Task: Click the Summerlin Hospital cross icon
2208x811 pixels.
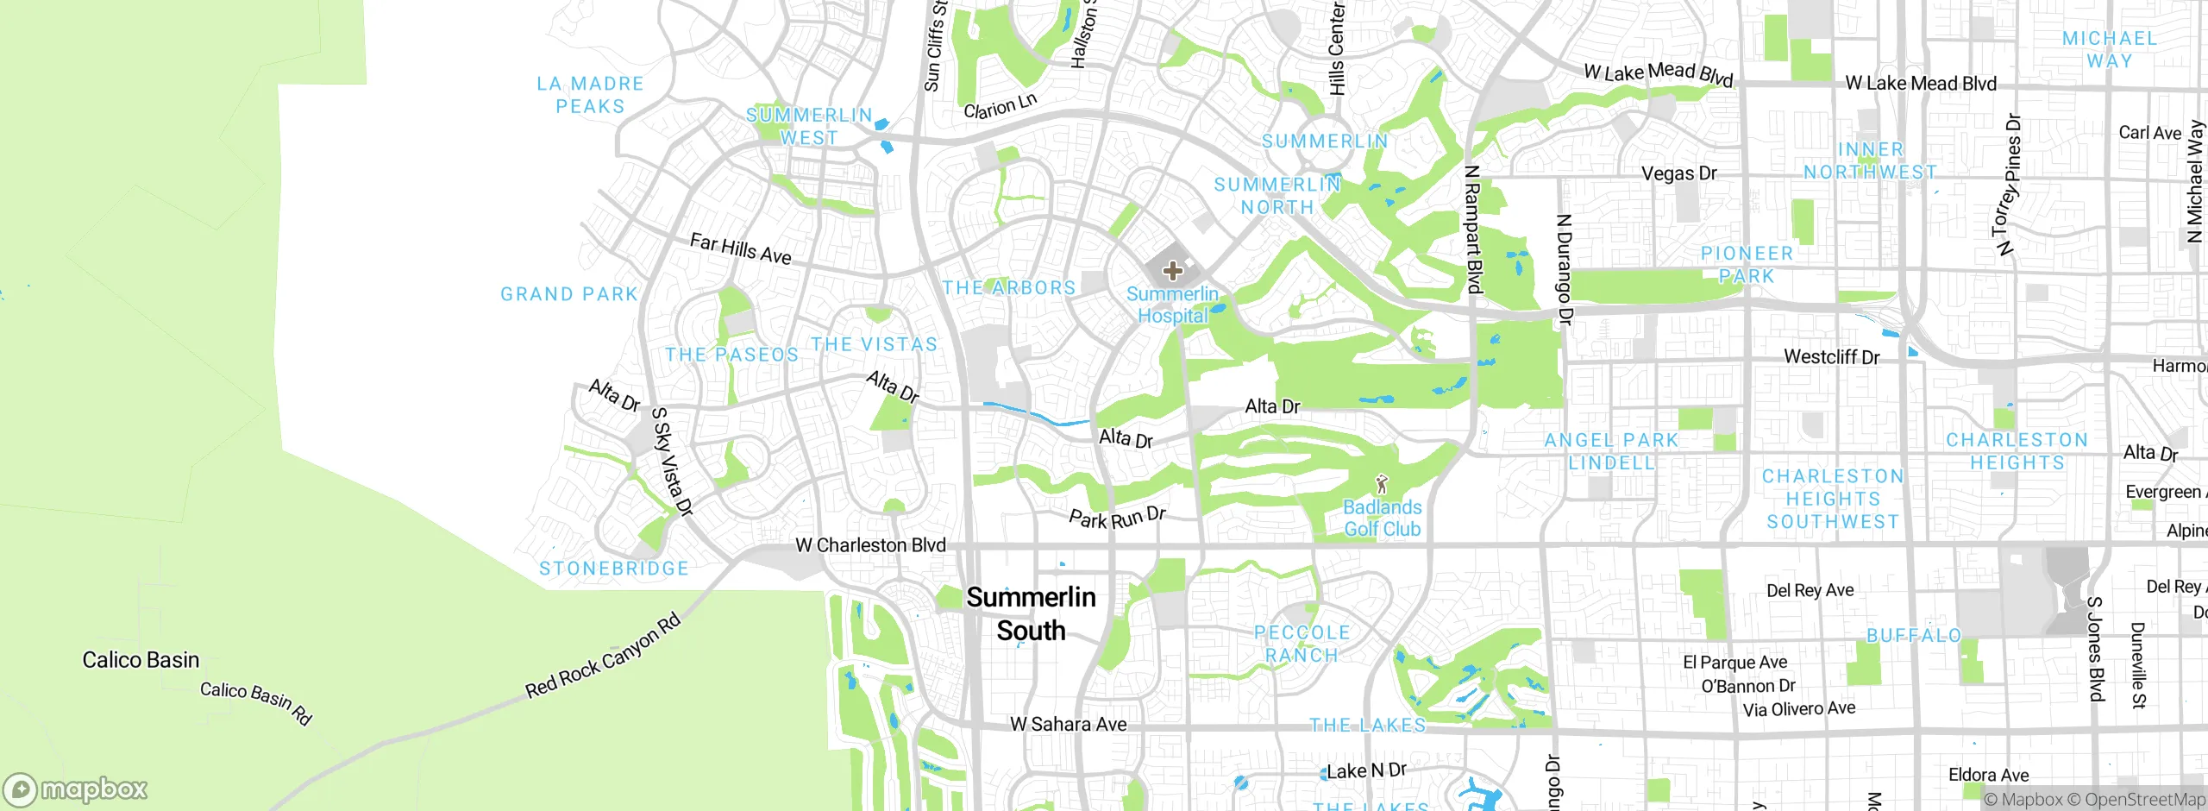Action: coord(1172,271)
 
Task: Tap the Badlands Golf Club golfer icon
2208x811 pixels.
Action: coord(1382,484)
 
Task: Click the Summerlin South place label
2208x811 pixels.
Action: coord(1031,613)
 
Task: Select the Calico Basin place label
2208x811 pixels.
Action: coord(141,660)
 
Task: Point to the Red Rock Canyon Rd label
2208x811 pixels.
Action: coord(603,656)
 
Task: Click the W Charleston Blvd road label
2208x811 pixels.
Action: coord(870,545)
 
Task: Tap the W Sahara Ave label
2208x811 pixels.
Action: coord(1068,725)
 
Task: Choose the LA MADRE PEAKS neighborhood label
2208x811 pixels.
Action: coord(590,95)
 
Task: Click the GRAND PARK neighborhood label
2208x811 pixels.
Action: coord(569,294)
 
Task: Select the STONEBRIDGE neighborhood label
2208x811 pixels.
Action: coord(614,569)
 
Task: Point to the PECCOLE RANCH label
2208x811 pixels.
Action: coord(1302,644)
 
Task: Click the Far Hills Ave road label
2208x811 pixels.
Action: coord(740,248)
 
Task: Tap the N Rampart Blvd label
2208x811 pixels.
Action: coord(1473,229)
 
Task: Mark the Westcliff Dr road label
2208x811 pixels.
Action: coord(1831,357)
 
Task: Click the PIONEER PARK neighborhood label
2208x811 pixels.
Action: coord(1747,265)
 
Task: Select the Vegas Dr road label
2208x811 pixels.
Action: coord(1678,173)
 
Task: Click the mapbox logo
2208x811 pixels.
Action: coord(76,789)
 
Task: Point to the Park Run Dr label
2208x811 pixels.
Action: coord(1117,519)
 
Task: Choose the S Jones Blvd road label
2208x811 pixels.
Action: coord(2096,648)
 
